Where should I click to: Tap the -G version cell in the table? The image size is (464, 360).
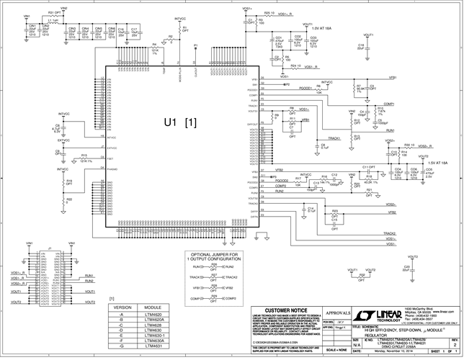(123, 346)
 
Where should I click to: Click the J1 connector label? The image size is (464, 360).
(49, 248)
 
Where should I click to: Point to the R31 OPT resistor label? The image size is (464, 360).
(53, 13)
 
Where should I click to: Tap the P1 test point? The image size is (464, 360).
(195, 45)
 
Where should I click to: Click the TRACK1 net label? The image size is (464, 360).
(334, 138)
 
